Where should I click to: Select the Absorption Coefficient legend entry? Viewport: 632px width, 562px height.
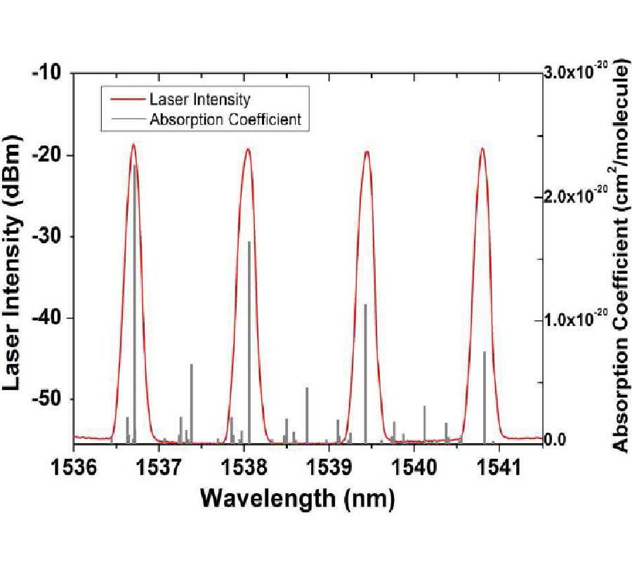pos(225,119)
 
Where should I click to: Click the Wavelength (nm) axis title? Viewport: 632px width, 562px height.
pos(298,499)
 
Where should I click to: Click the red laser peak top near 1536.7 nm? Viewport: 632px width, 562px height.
pos(133,145)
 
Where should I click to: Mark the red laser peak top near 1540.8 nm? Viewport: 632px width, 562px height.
pos(482,148)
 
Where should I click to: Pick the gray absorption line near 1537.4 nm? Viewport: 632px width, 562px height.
pos(191,400)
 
